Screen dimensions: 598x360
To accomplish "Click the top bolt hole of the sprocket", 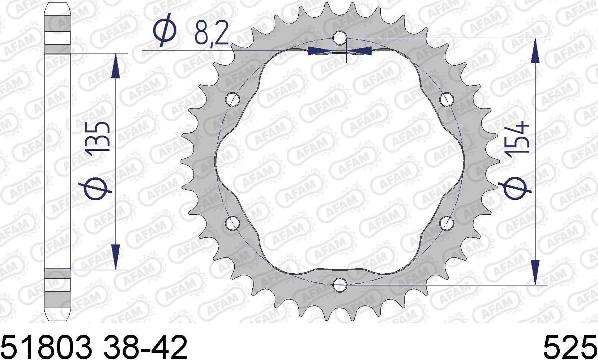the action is pos(339,38).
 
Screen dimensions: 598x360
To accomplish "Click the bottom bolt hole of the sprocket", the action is pos(339,285).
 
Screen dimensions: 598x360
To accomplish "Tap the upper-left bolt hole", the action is pos(232,99).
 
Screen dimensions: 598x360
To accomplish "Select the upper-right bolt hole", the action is pos(447,99).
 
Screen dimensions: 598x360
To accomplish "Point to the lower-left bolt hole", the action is pos(232,223).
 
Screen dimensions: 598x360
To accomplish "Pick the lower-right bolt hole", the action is pos(447,223).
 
